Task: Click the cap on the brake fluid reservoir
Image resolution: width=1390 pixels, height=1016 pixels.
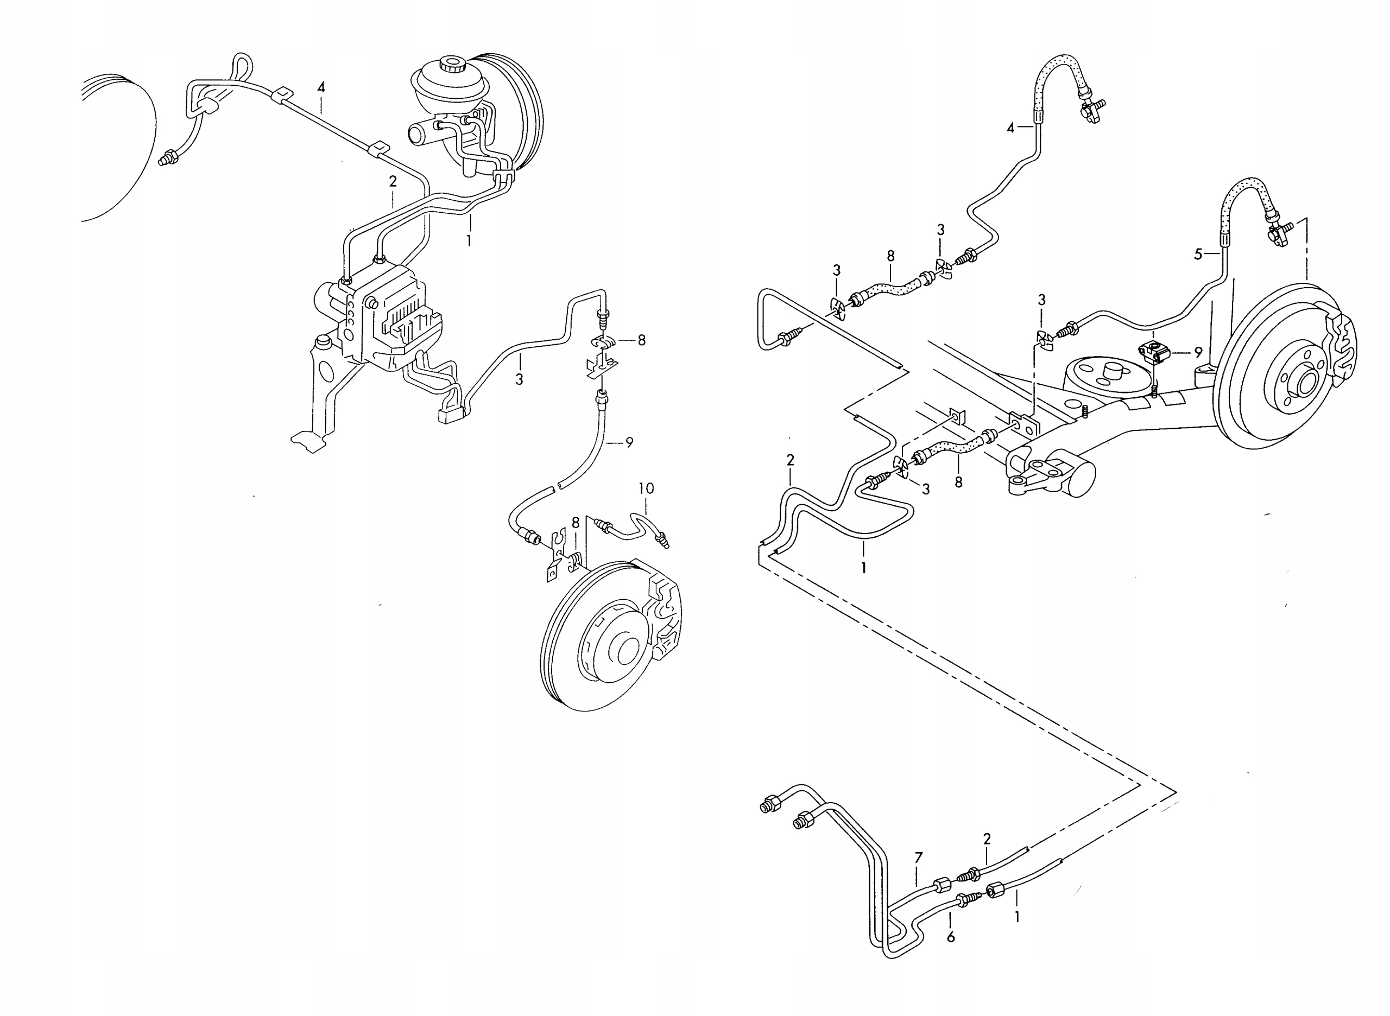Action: click(453, 64)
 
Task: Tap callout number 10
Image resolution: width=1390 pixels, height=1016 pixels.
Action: click(646, 489)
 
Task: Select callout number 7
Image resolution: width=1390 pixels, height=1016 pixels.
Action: click(919, 858)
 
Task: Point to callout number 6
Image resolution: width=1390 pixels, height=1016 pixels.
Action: click(951, 937)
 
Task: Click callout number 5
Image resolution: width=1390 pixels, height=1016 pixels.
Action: click(1198, 254)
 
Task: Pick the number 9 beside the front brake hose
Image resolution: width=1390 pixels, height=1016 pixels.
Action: click(629, 442)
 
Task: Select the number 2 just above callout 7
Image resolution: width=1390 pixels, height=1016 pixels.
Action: click(987, 839)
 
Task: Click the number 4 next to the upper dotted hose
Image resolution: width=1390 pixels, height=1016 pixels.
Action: click(1010, 128)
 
